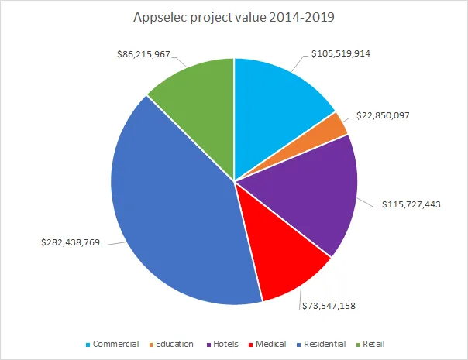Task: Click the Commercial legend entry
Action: pyautogui.click(x=115, y=344)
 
